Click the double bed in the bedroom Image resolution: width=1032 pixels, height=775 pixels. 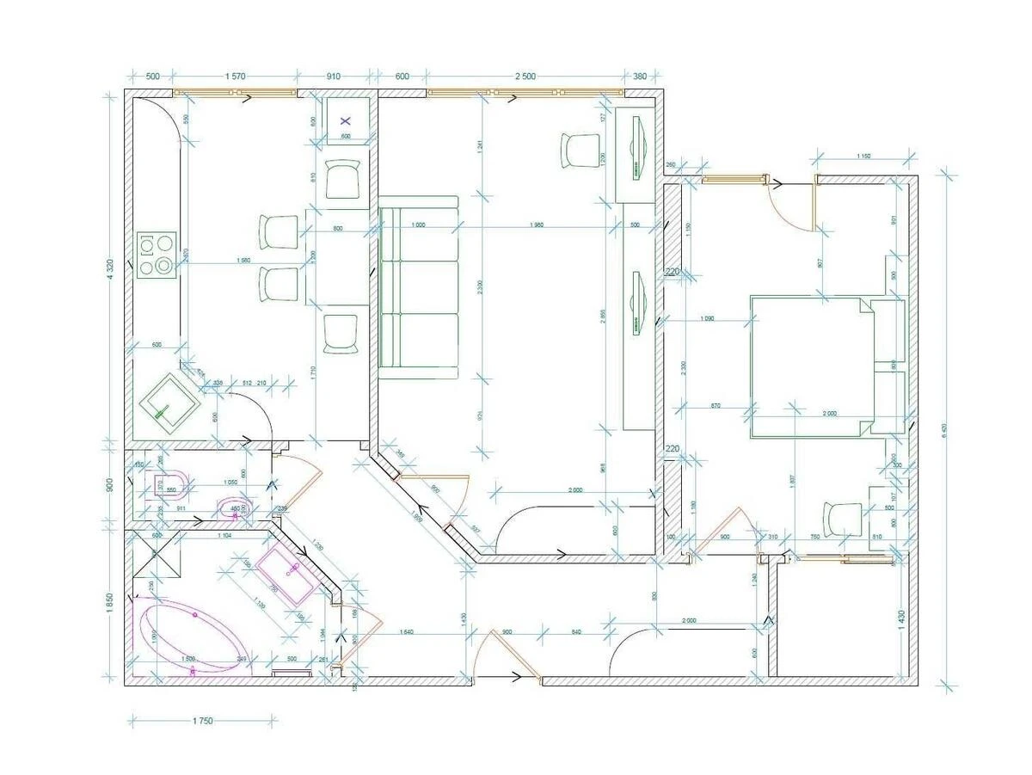point(814,366)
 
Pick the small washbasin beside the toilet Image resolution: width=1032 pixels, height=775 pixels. point(231,509)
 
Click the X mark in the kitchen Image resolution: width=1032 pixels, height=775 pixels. point(347,121)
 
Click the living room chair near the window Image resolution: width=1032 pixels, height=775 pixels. point(580,151)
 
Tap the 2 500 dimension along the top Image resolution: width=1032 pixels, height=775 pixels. point(525,77)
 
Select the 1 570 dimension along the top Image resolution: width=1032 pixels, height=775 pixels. point(236,77)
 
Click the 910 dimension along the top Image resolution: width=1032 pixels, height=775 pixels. point(334,77)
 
